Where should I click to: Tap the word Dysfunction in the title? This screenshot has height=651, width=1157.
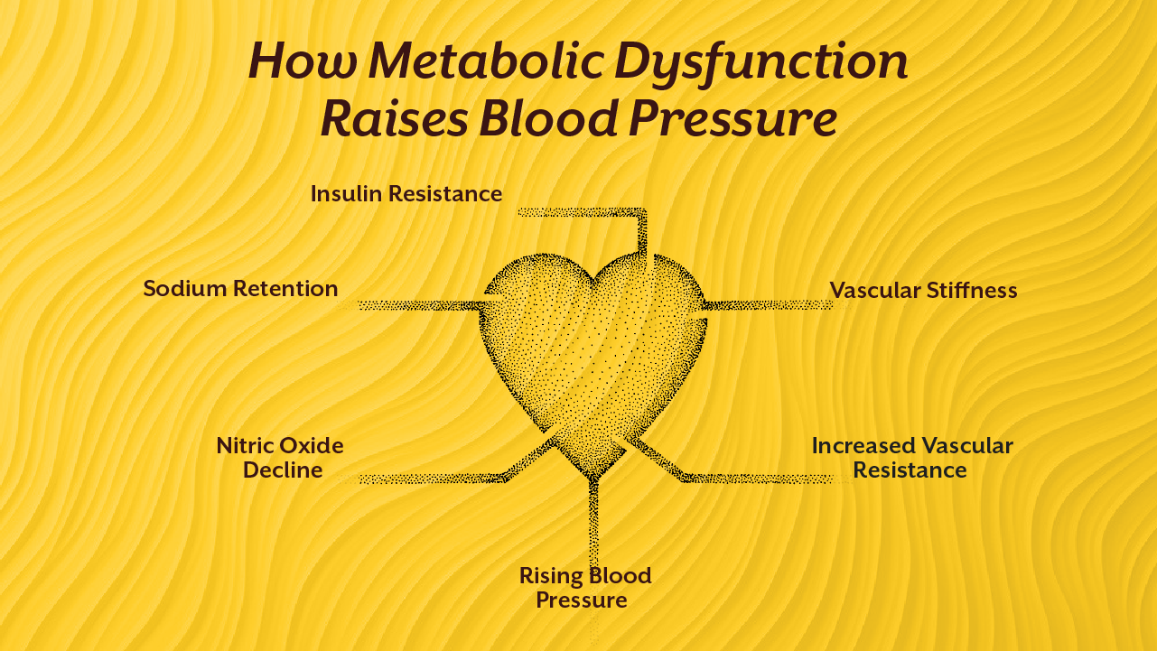[x=760, y=61]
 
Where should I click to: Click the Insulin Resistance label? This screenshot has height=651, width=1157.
[x=406, y=193]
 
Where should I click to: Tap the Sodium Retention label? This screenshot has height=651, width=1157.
[x=240, y=289]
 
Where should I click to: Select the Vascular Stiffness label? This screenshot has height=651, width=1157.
[x=923, y=290]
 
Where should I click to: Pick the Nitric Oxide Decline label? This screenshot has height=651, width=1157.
[x=281, y=458]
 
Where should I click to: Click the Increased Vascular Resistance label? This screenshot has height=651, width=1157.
[x=911, y=458]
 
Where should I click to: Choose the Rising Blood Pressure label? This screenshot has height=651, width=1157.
[x=584, y=588]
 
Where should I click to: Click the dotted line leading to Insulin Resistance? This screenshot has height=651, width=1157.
[x=583, y=212]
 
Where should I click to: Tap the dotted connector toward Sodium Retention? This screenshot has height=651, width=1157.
[x=415, y=305]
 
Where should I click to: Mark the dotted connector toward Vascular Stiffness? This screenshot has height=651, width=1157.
[x=768, y=305]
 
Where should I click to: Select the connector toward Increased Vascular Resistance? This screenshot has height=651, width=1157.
[x=759, y=478]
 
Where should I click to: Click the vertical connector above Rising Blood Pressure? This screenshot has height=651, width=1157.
[x=592, y=524]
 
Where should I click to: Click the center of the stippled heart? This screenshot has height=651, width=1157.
[x=593, y=361]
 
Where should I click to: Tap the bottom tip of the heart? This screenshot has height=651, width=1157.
[x=593, y=476]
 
